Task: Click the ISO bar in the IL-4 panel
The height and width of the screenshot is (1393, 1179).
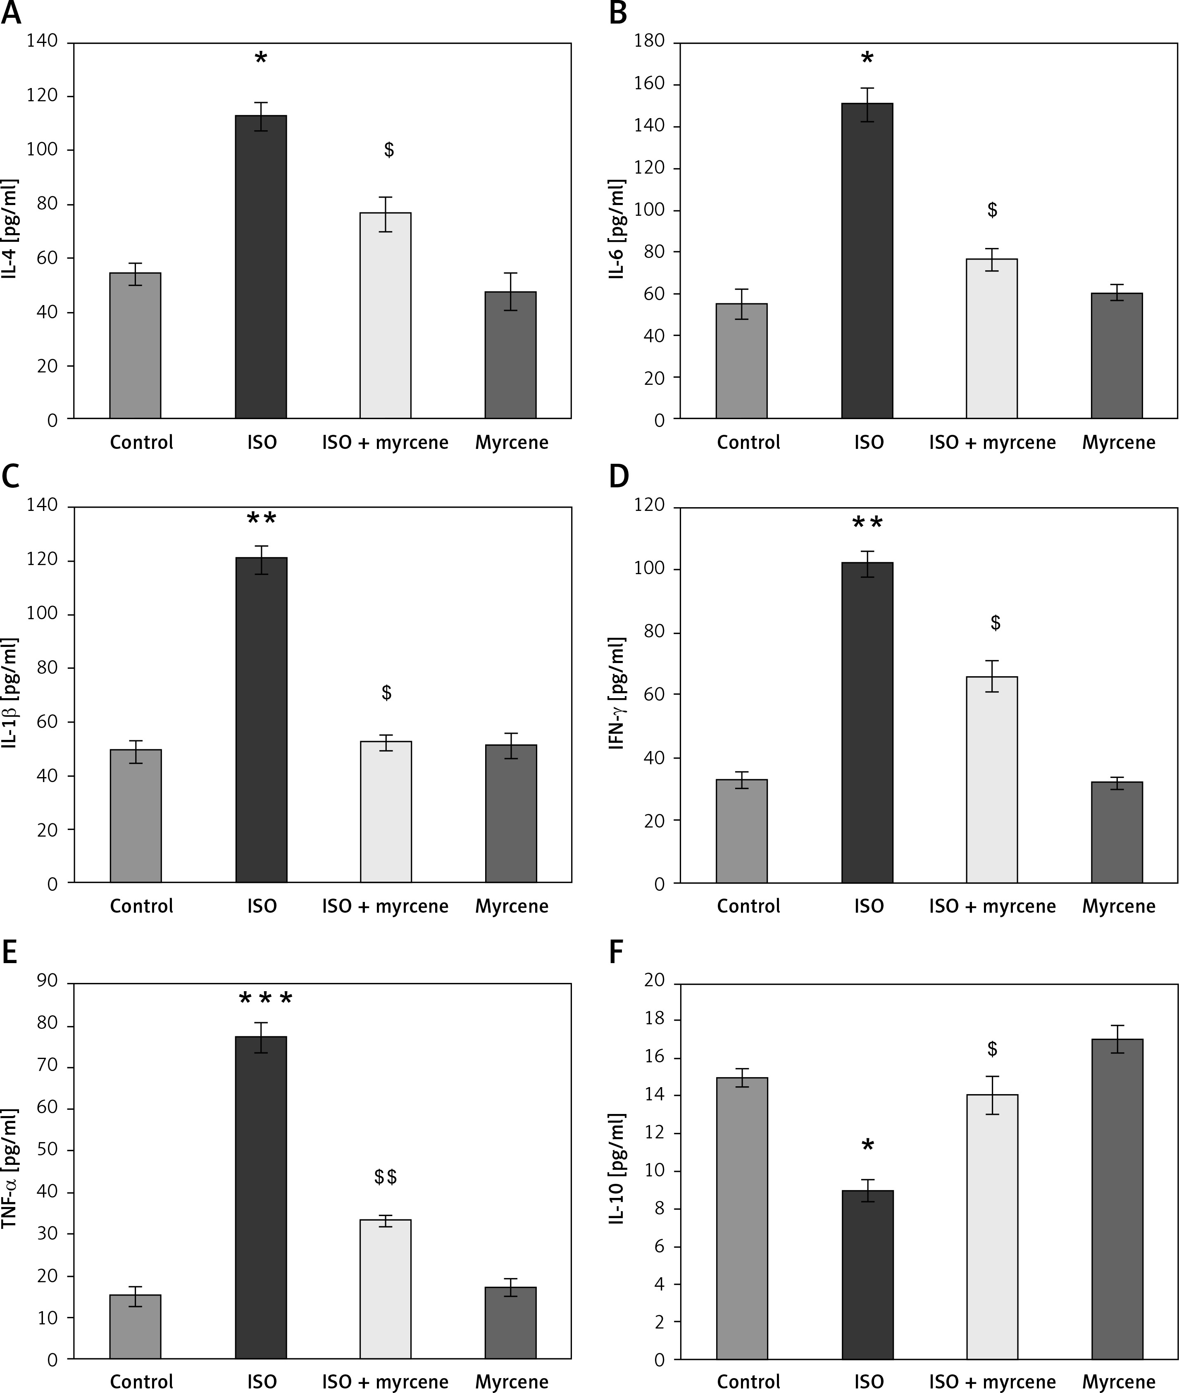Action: coord(261,267)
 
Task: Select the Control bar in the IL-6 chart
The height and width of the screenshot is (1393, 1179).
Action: coord(741,361)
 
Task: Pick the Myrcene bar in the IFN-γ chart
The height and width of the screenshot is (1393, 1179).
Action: coord(1117,832)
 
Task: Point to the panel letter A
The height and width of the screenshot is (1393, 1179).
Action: coord(11,13)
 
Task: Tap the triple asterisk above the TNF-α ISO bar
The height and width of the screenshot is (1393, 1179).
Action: coord(265,1000)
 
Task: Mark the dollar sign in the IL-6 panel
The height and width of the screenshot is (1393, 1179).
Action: coord(992,210)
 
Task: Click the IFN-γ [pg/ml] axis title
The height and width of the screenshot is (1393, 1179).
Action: coord(617,693)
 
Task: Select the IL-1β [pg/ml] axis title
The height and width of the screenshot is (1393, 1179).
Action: coord(11,693)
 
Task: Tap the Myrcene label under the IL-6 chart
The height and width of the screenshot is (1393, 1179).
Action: coord(1118,443)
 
